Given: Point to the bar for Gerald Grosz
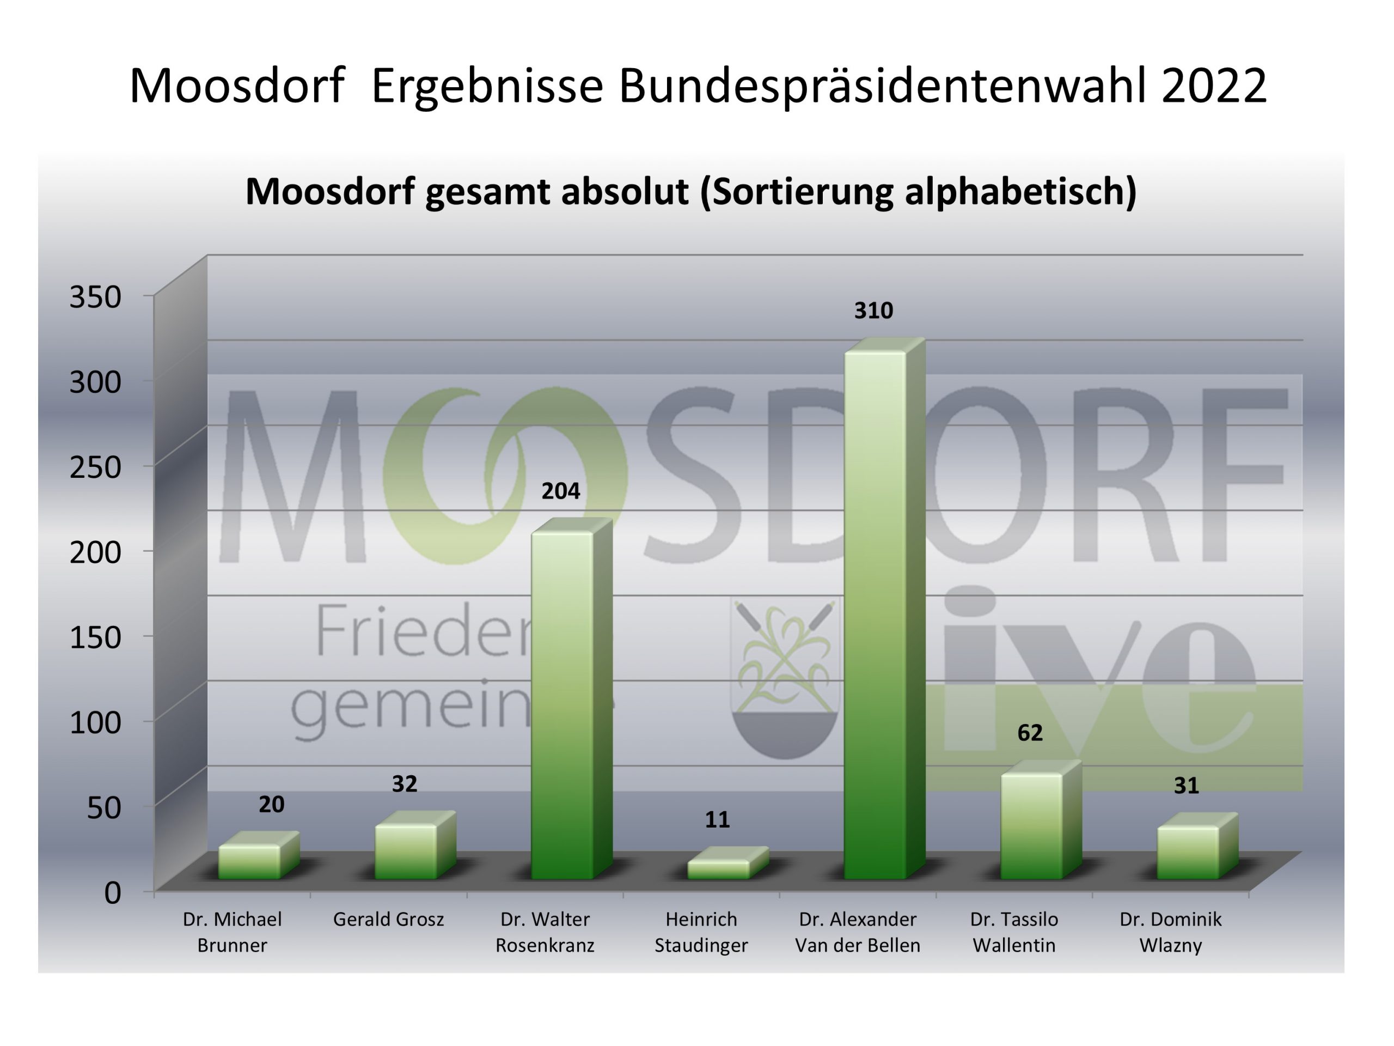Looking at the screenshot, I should coord(405,851).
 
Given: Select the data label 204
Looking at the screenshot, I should coord(560,490).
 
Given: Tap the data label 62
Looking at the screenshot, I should coord(1030,733).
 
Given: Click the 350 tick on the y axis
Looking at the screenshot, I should coord(95,296).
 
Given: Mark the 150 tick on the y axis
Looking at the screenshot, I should coord(95,637).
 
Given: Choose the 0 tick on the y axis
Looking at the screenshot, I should coord(112,893).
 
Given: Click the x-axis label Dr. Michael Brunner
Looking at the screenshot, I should coord(232,932).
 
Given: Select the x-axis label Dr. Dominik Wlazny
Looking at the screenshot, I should coord(1170,932).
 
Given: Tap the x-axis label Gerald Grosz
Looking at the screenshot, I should coord(388,919).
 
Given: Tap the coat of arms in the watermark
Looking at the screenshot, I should coord(785,678).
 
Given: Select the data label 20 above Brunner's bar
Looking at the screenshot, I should coord(272,804).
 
